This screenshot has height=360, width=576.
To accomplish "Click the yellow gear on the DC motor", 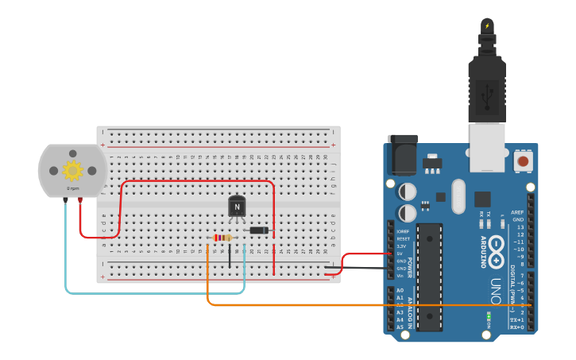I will coord(72,170).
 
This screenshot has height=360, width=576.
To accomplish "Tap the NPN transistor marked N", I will coord(237,207).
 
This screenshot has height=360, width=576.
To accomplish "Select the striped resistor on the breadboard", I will coord(223,238).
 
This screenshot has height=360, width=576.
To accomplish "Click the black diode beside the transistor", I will coord(258,230).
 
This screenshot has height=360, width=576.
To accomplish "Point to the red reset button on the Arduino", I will coord(523,162).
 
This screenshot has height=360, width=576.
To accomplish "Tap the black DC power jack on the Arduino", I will coord(402,155).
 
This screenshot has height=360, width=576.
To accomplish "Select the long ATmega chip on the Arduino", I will coord(429,277).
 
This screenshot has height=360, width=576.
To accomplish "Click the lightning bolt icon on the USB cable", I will coord(487,26).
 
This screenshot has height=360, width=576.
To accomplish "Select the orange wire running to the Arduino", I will coord(358,305).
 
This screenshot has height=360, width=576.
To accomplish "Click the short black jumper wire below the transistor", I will coord(230,256).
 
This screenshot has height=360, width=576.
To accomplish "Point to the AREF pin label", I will coord(517,212).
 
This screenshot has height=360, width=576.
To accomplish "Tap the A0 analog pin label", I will coord(400,291).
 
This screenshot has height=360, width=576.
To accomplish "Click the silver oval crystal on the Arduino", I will coord(458,196).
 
